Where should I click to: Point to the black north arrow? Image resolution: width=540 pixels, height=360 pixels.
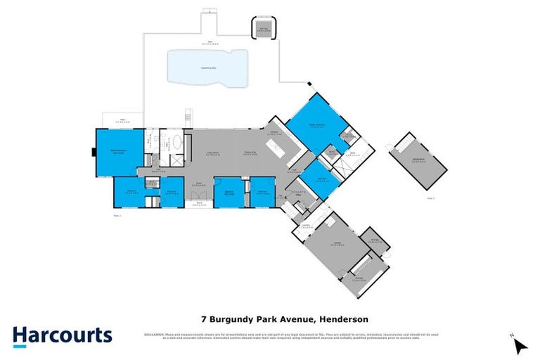(x=520, y=345)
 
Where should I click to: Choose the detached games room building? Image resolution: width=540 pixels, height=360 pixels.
(x=420, y=163)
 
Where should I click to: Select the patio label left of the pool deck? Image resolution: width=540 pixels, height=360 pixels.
(x=121, y=120)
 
